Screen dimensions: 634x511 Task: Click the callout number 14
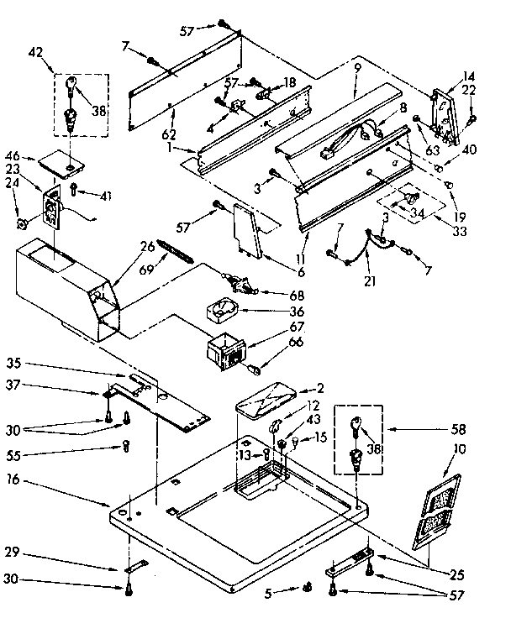(468, 75)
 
